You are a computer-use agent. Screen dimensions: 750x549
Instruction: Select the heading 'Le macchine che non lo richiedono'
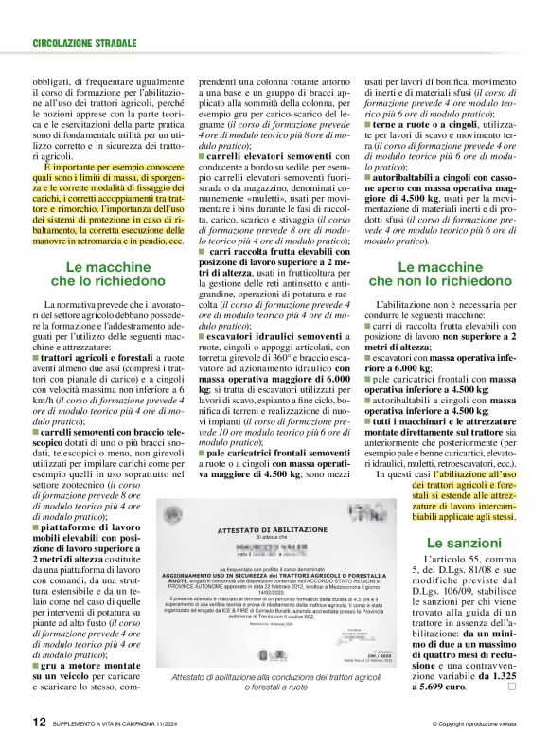[441, 273]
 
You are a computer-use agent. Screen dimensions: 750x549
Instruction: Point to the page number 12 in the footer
[39, 723]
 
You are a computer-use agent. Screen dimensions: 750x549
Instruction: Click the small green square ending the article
[511, 660]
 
